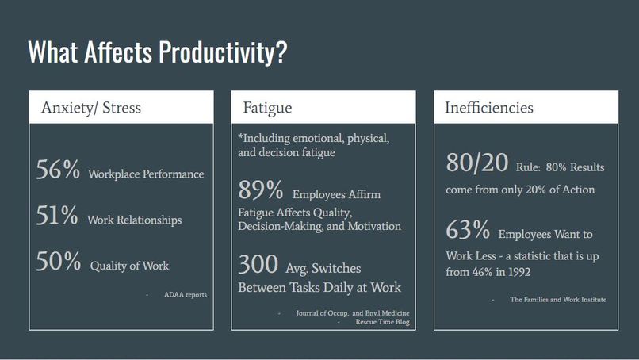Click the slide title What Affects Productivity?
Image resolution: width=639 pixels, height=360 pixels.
[157, 52]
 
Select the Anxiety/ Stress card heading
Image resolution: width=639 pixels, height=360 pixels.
[91, 108]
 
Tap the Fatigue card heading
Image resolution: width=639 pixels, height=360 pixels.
[267, 108]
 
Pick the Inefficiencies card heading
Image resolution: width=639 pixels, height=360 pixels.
[488, 108]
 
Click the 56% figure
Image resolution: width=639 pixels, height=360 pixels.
[58, 170]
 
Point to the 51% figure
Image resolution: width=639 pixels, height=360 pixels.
[57, 216]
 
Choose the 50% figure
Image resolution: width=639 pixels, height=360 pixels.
[59, 262]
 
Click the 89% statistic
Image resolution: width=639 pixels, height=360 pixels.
[261, 190]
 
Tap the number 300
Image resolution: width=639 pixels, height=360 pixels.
[258, 264]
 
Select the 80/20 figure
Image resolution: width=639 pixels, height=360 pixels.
[477, 163]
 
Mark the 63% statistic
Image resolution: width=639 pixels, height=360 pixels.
[468, 230]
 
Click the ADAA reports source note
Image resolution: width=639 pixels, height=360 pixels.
[186, 295]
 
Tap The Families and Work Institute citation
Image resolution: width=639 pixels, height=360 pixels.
[558, 300]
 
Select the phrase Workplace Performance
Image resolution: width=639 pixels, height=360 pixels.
[146, 174]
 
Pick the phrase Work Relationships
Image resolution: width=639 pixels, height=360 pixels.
[134, 220]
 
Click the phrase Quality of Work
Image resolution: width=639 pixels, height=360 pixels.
[129, 266]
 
